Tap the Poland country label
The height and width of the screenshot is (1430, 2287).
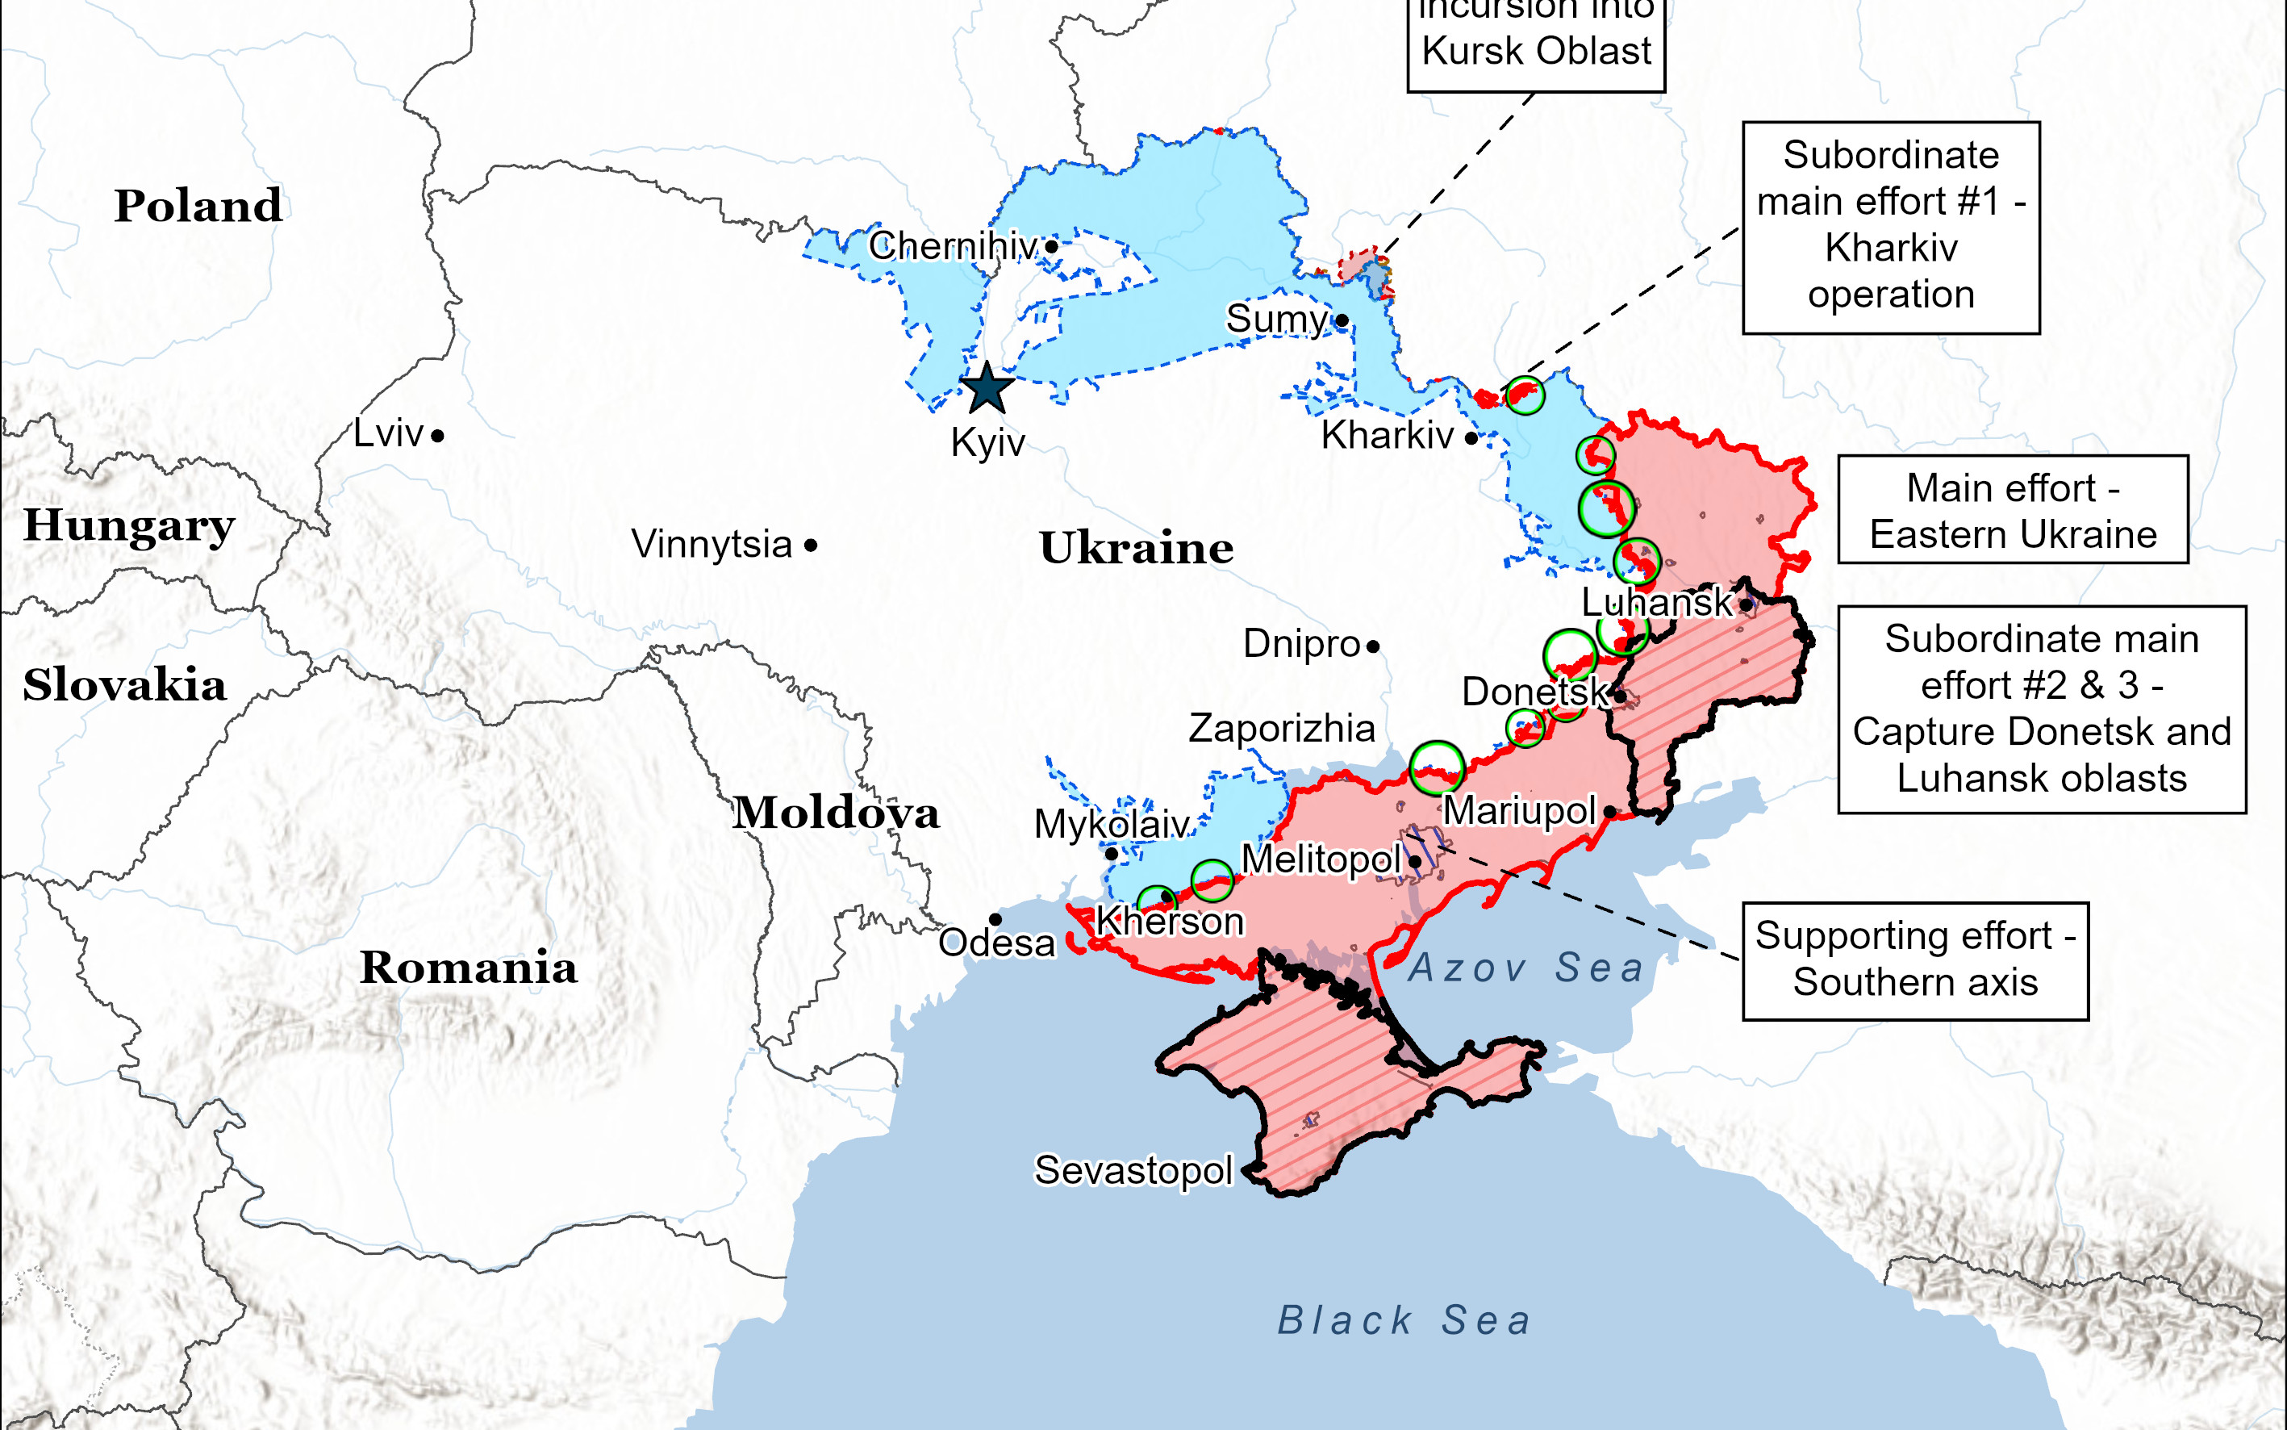198,205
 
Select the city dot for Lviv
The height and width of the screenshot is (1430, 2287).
438,436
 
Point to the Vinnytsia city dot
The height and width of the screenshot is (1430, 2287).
812,546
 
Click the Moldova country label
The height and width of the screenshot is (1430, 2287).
836,813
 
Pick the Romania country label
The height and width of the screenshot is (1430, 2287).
468,968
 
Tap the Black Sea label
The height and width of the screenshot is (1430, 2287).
1404,1320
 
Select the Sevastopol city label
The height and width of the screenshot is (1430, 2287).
1133,1171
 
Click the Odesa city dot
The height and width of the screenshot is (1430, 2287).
995,919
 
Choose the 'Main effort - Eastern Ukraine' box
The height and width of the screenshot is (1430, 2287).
2013,511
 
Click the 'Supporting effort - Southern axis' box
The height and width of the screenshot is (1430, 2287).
1915,960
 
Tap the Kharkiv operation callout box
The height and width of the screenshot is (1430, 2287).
1891,227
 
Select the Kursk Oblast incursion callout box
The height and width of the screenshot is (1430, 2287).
1535,43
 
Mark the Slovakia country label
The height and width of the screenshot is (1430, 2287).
124,684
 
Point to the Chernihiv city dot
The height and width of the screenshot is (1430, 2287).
1051,247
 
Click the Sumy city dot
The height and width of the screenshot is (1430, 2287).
1342,320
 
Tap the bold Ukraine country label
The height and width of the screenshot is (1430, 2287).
1137,548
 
